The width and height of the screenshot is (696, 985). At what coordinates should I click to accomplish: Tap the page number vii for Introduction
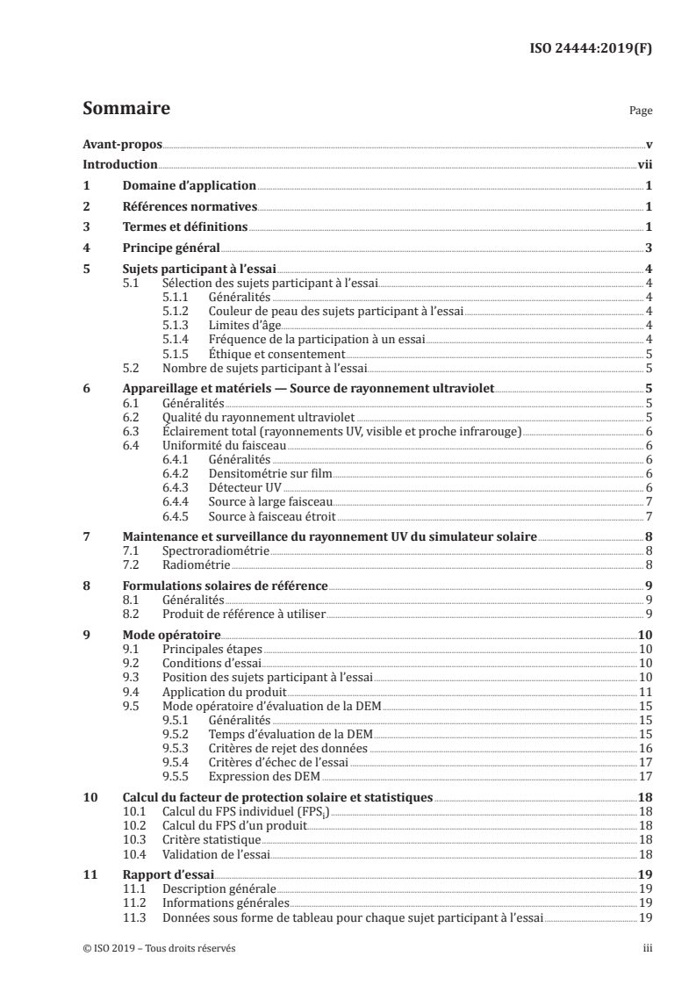pos(643,165)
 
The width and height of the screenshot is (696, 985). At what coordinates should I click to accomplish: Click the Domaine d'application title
pos(188,185)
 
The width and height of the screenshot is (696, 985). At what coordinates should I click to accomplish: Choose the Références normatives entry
pos(189,206)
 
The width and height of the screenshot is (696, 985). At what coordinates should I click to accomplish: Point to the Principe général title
pos(170,248)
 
